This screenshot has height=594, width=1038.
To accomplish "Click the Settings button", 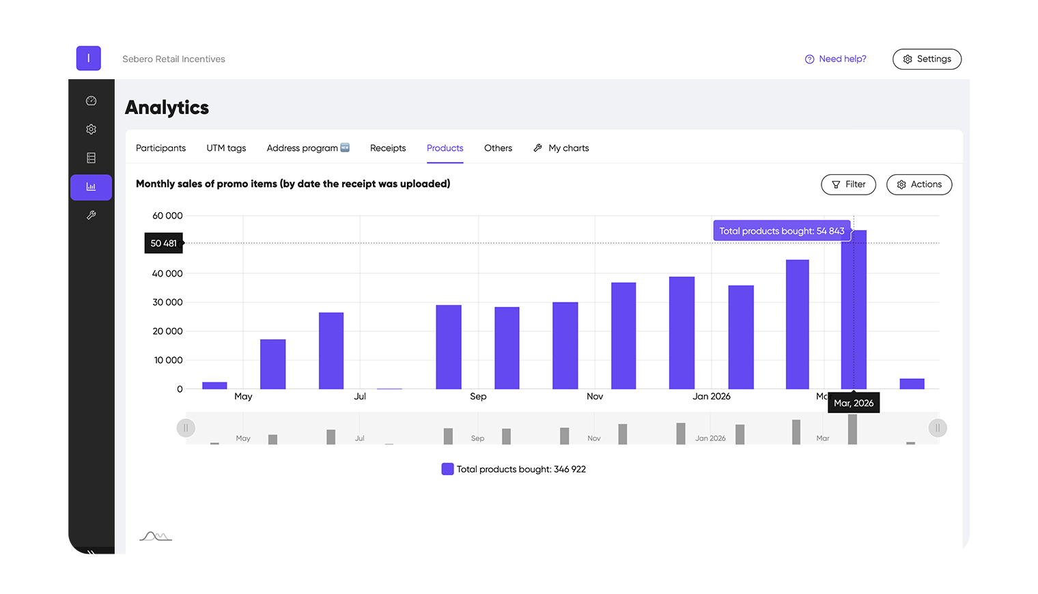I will tap(927, 59).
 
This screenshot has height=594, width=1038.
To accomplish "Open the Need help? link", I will tap(835, 59).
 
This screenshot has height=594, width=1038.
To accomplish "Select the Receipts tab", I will tap(388, 148).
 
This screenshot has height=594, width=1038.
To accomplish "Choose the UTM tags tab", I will tap(226, 148).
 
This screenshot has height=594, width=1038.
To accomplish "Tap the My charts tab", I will tap(561, 148).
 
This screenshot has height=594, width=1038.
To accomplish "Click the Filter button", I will tap(848, 184).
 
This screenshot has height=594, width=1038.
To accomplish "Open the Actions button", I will tap(918, 184).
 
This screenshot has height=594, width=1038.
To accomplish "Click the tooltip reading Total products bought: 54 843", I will tap(781, 231).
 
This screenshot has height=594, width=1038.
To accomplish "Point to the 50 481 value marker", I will tap(163, 243).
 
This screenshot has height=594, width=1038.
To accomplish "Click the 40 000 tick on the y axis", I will tap(167, 274).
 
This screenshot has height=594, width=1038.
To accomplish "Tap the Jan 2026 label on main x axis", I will tap(711, 397).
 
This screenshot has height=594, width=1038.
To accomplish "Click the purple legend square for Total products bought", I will tap(447, 469).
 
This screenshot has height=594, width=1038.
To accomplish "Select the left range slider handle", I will tap(186, 428).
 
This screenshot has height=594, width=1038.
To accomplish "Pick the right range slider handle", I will tap(938, 428).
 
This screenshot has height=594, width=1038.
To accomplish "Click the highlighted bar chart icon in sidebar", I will tap(91, 187).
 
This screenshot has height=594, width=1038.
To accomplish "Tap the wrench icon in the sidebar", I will tap(91, 215).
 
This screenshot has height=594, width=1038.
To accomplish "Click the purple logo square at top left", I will tap(89, 59).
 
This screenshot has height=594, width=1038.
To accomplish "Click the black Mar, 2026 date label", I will tap(854, 403).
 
